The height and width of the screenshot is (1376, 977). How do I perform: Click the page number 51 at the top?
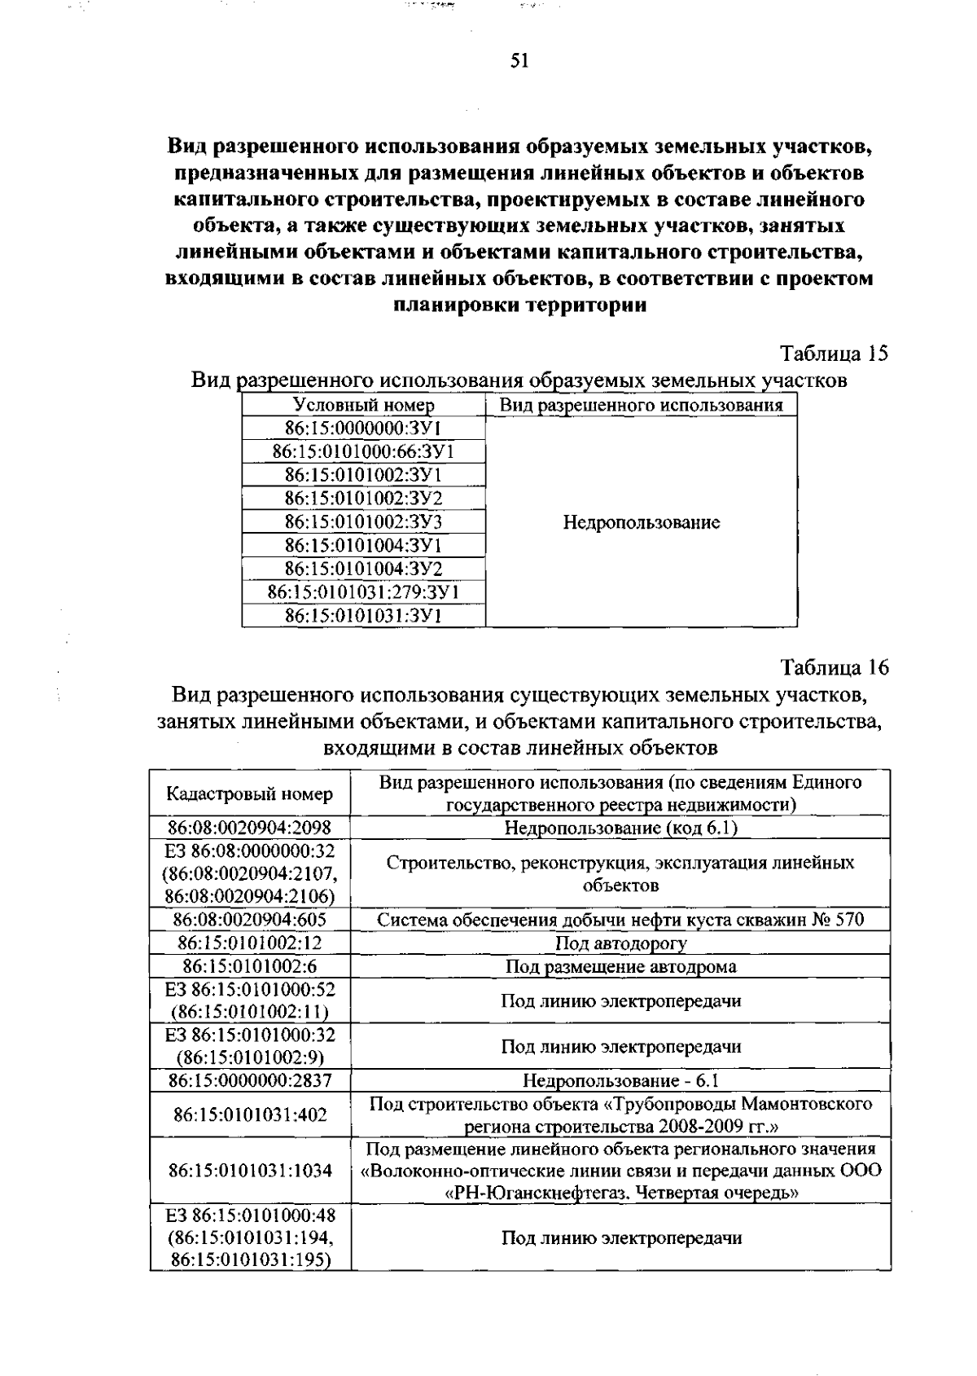pos(519,61)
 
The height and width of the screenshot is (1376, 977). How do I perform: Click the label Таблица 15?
pos(834,354)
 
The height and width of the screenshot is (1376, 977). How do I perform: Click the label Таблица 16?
pos(834,667)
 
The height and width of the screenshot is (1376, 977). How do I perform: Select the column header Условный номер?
pos(363,405)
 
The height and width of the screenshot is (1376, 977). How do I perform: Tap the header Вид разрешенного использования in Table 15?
pos(641,405)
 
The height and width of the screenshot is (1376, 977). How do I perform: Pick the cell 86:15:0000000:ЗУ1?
pos(363,429)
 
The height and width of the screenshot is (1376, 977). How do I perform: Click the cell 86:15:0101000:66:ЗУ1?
pos(363,452)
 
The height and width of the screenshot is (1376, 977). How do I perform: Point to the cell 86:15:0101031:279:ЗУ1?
pos(363,591)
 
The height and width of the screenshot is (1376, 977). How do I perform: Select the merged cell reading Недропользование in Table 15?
pos(641,522)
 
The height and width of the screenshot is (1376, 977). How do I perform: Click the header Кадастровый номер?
pos(249,794)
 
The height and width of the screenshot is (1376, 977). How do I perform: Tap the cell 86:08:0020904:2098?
pos(249,829)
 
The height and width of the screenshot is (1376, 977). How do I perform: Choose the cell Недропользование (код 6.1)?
pos(620,829)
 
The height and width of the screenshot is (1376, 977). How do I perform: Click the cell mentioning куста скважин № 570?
pos(620,921)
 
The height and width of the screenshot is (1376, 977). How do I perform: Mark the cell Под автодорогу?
pos(620,943)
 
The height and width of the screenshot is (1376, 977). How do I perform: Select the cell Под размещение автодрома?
pos(620,967)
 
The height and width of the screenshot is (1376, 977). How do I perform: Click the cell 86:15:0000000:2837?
pos(249,1081)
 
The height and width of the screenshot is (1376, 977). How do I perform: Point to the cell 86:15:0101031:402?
pos(249,1114)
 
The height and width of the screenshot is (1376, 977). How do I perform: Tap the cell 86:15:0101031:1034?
pos(249,1171)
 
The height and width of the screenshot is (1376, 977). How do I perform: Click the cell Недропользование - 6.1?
pos(620,1081)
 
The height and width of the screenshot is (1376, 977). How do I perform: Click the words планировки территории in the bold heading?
pos(519,306)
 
